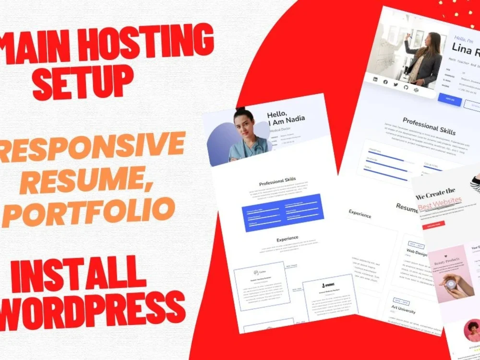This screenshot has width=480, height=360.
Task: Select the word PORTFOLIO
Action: tap(88, 211)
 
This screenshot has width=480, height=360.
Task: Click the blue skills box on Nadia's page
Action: tap(283, 213)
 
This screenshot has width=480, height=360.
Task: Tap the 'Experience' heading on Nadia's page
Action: tap(288, 239)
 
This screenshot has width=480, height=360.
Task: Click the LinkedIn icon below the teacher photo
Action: tap(375, 80)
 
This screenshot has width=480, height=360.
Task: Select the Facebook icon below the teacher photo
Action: tap(385, 82)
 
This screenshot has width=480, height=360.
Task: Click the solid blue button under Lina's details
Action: tap(450, 100)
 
